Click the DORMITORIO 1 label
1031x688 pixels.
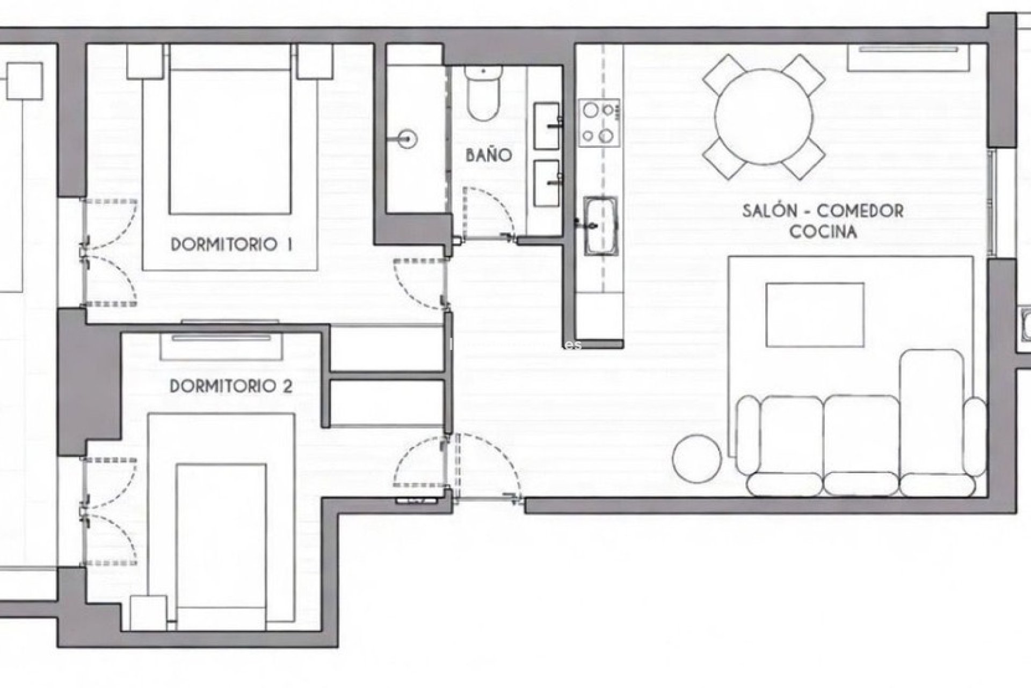point(231,245)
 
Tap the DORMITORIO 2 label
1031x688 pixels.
point(231,386)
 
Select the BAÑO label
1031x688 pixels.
point(488,155)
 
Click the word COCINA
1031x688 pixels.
point(823,232)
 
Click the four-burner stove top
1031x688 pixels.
point(599,123)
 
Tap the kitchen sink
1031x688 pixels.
point(601,225)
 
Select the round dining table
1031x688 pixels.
point(764,117)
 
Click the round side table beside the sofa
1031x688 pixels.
point(696,457)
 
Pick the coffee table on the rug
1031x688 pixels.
point(815,314)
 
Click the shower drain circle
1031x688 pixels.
point(409,139)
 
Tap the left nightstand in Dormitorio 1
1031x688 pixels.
point(145,61)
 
